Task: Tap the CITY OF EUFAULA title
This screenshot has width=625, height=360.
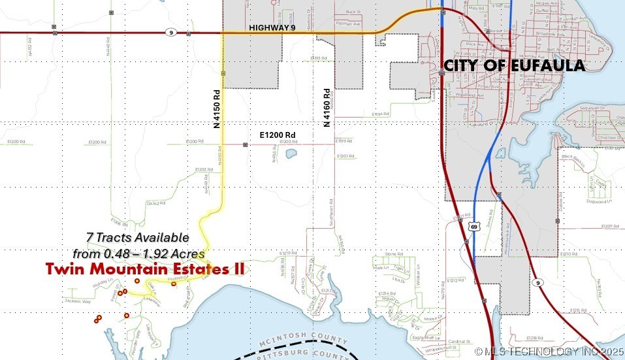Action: pyautogui.click(x=514, y=65)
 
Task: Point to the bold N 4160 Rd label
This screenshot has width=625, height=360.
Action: pyautogui.click(x=326, y=106)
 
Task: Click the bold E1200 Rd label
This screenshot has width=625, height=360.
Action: pyautogui.click(x=278, y=135)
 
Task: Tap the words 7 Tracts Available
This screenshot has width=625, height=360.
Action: pyautogui.click(x=137, y=237)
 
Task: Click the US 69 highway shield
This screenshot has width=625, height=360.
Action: pyautogui.click(x=473, y=226)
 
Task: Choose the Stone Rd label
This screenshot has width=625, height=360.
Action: pyautogui.click(x=392, y=254)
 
